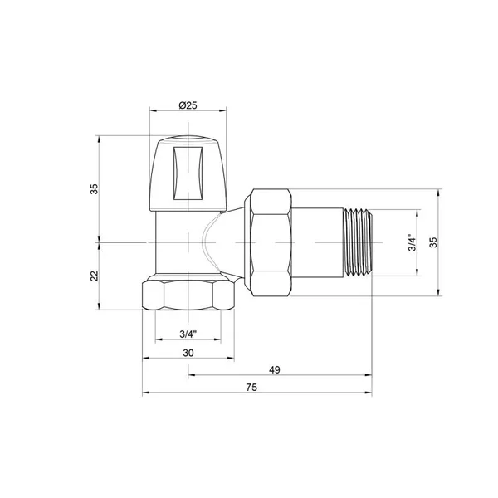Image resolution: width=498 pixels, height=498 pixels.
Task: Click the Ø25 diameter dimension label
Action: tap(188, 105)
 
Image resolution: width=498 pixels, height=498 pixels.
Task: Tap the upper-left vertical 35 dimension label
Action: tap(95, 189)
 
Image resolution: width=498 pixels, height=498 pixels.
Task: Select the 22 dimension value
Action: tap(95, 276)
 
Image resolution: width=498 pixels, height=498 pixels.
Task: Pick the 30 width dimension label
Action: tap(188, 353)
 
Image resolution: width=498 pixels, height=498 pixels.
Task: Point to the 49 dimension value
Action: tap(275, 369)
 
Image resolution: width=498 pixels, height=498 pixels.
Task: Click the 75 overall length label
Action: tap(251, 388)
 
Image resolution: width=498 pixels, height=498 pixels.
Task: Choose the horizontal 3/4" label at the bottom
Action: tap(188, 334)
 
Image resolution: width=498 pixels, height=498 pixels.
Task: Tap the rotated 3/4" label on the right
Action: tap(412, 243)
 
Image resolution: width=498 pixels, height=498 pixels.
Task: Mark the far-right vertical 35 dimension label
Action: tap(433, 242)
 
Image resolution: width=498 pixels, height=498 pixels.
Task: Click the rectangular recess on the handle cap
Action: tap(188, 173)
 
